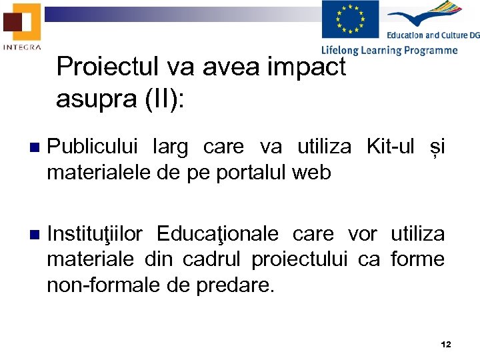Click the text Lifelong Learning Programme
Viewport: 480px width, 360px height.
click(x=389, y=50)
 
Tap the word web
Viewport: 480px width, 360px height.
click(x=311, y=173)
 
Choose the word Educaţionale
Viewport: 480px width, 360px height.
click(x=217, y=235)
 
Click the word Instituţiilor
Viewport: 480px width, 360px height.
click(x=95, y=235)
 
